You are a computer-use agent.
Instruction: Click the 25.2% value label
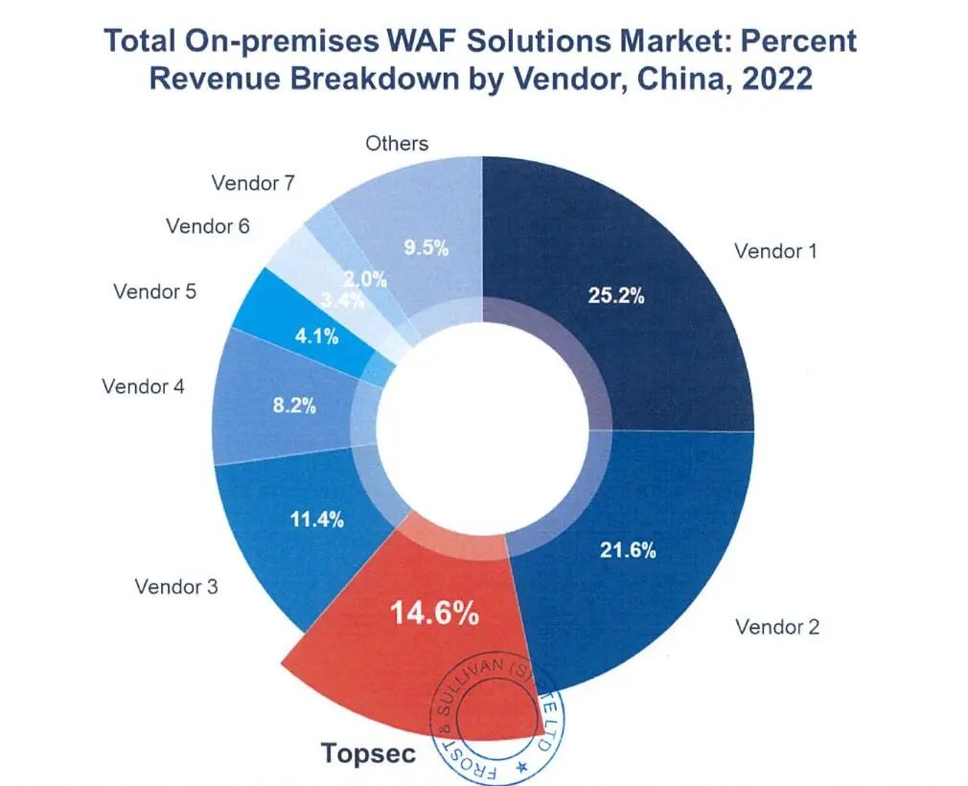(615, 296)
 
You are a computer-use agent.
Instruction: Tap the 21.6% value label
(628, 550)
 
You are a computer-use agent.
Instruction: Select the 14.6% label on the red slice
(434, 614)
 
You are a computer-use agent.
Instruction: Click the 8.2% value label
(294, 405)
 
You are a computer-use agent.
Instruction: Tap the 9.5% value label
(426, 248)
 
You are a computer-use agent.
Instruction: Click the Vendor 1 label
(774, 251)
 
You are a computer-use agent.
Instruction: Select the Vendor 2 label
(777, 627)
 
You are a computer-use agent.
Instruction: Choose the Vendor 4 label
(144, 387)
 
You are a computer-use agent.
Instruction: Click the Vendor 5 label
(154, 290)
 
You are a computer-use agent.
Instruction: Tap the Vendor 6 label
(207, 226)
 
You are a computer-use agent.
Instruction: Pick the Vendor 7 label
(253, 182)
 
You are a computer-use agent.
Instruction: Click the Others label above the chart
(397, 143)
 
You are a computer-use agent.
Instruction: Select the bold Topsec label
(369, 753)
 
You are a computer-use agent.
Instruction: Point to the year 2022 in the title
(772, 78)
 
